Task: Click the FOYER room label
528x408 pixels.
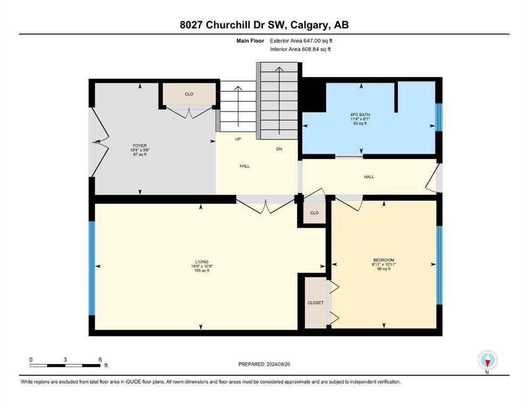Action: pos(140,146)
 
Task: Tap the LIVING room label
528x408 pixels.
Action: pos(202,262)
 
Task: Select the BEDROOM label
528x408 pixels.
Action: pos(383,260)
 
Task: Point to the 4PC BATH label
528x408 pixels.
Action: pos(360,115)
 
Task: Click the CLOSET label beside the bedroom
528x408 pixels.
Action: pos(315,303)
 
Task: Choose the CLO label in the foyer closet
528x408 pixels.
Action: pos(189,94)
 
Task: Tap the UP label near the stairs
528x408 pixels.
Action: pos(238,139)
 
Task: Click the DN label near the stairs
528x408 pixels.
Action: pos(279,149)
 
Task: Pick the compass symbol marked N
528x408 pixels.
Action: pos(488,361)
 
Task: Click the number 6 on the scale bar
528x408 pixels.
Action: pos(100,360)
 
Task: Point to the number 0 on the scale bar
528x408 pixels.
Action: pos(31,360)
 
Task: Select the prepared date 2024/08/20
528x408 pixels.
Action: pos(278,364)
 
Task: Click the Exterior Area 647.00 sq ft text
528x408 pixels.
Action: pos(301,41)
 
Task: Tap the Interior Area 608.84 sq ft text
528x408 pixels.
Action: pos(300,49)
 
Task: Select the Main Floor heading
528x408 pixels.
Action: pos(250,41)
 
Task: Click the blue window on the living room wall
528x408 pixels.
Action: pos(91,268)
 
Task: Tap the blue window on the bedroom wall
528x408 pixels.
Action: pos(439,265)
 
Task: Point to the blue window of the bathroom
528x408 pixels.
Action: pos(439,117)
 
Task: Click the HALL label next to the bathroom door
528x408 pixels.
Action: pos(369,176)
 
